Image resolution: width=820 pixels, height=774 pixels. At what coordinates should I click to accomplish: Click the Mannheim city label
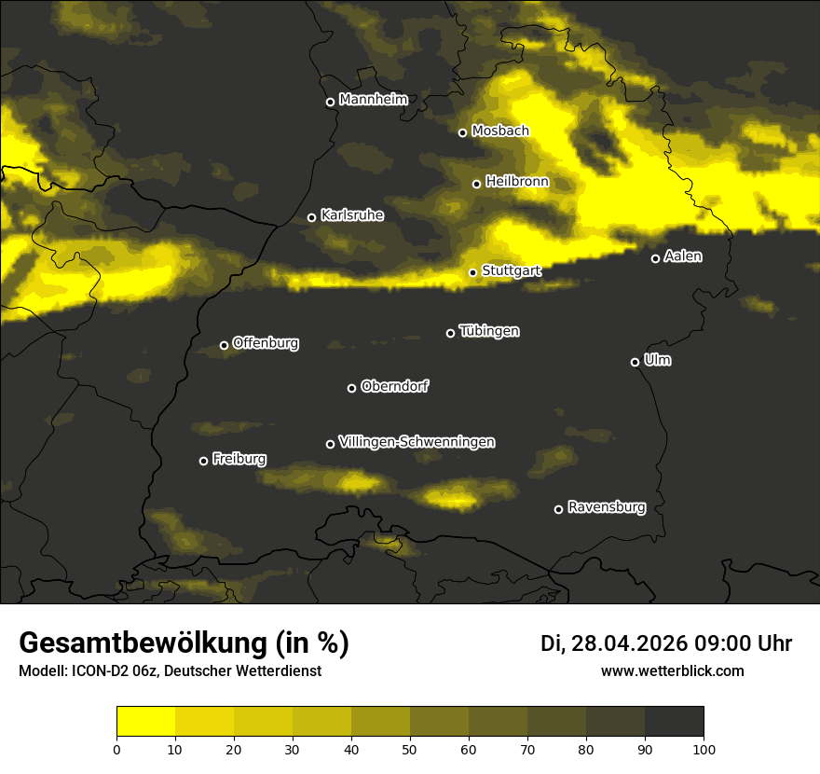pyautogui.click(x=373, y=100)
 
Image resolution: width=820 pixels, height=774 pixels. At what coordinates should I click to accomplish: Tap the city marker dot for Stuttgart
pyautogui.click(x=472, y=272)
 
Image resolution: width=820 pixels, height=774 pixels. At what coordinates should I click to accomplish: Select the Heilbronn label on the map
pyautogui.click(x=517, y=182)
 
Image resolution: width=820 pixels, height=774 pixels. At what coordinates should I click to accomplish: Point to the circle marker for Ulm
pyautogui.click(x=635, y=362)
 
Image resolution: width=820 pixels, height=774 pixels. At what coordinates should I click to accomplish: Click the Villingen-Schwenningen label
pyautogui.click(x=417, y=442)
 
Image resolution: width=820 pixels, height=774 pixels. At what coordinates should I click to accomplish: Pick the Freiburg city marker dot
pyautogui.click(x=203, y=461)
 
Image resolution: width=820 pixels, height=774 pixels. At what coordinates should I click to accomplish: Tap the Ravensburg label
pyautogui.click(x=606, y=507)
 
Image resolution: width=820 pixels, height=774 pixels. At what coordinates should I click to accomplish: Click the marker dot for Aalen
pyautogui.click(x=655, y=258)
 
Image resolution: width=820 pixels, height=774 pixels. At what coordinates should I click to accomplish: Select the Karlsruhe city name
pyautogui.click(x=352, y=215)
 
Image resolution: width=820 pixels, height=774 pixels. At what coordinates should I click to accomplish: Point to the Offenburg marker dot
pyautogui.click(x=224, y=345)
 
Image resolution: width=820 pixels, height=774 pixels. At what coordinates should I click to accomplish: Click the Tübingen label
pyautogui.click(x=489, y=331)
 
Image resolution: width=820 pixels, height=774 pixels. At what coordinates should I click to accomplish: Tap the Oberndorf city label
pyautogui.click(x=394, y=386)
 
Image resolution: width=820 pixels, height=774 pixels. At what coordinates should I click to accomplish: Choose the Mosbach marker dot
pyautogui.click(x=462, y=132)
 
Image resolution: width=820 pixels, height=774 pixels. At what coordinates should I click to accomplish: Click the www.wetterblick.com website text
pyautogui.click(x=672, y=671)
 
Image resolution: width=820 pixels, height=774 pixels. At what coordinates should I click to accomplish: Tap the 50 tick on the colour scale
pyautogui.click(x=410, y=749)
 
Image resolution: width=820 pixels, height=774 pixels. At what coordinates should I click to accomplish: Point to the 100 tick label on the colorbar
pyautogui.click(x=704, y=749)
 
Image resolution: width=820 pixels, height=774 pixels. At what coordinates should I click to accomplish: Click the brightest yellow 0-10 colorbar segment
pyautogui.click(x=145, y=722)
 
